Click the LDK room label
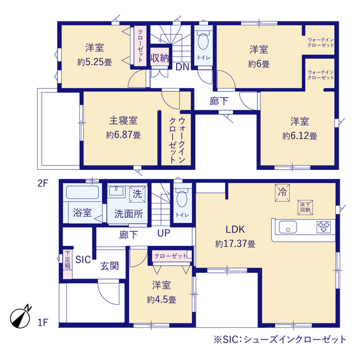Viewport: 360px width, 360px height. point(235,229)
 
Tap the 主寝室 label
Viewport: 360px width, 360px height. point(123,120)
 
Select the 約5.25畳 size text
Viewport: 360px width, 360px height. point(94,62)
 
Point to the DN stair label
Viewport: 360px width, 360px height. point(182,67)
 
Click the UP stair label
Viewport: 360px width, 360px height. point(164,233)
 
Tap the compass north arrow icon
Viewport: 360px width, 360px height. point(21,317)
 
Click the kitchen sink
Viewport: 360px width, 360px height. point(287,227)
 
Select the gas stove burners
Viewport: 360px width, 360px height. point(323,227)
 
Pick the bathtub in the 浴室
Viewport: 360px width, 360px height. point(83,192)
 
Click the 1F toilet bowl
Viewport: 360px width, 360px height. point(182,199)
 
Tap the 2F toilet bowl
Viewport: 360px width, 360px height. point(203,42)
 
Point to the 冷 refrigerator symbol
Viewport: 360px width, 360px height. point(282,192)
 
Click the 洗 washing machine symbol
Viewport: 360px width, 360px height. point(137,194)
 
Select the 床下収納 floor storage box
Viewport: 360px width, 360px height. point(305,208)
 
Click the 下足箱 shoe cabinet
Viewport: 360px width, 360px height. point(67,264)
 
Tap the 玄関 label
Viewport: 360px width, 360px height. point(110,266)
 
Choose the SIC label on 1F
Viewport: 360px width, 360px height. point(83,260)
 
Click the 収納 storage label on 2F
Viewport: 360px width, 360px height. point(160,58)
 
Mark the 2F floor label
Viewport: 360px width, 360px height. point(43,183)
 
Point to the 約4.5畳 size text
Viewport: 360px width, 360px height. point(161,300)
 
